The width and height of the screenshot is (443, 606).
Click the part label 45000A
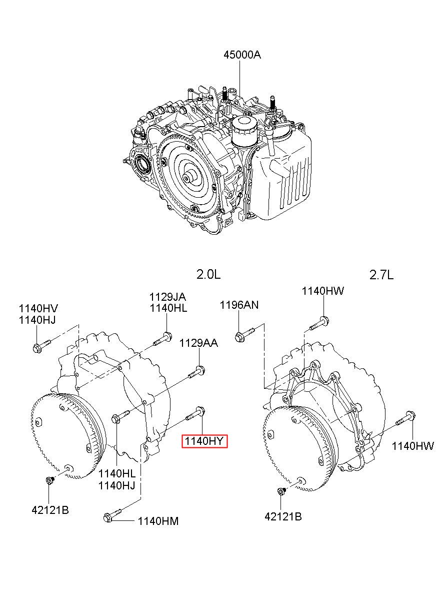point(242,55)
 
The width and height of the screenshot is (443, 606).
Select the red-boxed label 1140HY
point(204,441)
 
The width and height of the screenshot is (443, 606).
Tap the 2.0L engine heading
point(208,275)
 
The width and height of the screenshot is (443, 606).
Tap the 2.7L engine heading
point(381,275)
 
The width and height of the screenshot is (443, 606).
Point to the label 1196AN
point(239,305)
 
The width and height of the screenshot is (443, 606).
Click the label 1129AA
point(198,343)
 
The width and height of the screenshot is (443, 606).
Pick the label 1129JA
point(167,297)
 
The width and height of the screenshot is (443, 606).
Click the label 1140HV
point(38,308)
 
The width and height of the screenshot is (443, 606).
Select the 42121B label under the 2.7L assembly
point(283,517)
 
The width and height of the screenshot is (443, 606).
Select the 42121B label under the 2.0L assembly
point(50,510)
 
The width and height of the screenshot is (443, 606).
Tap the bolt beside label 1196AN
point(244,334)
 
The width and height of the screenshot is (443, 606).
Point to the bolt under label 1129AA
point(196,372)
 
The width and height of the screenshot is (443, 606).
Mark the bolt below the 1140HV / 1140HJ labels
point(42,346)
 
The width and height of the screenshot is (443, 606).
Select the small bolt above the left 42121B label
point(50,480)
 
